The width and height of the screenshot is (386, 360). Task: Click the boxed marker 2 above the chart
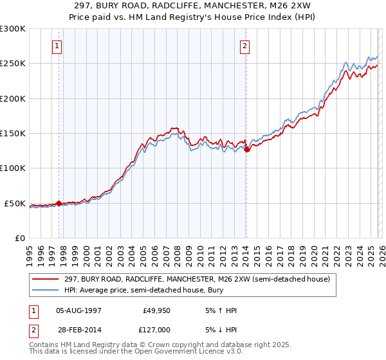pyautogui.click(x=246, y=46)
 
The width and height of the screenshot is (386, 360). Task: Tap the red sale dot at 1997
pyautogui.click(x=59, y=203)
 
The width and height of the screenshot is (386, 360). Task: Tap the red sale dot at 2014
pyautogui.click(x=246, y=150)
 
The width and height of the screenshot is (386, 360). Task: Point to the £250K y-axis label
pyautogui.click(x=13, y=64)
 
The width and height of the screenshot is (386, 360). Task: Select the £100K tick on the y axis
pyautogui.click(x=13, y=168)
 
